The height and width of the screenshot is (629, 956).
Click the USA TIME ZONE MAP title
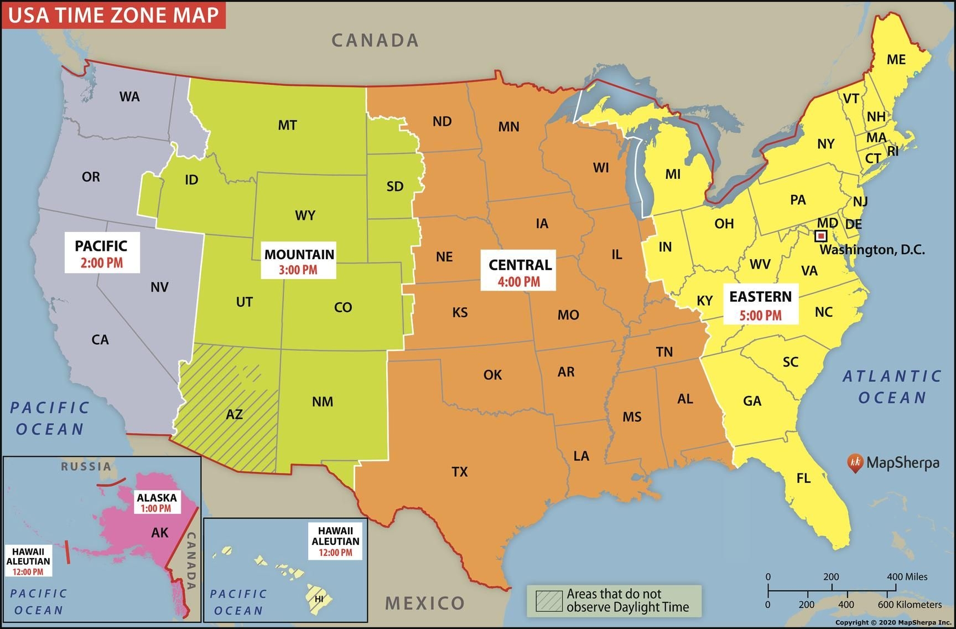coord(113,14)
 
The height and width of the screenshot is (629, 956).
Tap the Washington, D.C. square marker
coord(822,236)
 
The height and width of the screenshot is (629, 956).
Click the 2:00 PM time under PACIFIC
coord(102,263)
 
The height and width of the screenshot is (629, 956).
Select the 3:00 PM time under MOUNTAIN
coord(298,270)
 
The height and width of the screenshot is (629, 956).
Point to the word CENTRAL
coord(520,265)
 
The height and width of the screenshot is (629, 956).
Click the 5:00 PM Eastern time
coord(761,316)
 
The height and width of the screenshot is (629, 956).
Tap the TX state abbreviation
coord(460,472)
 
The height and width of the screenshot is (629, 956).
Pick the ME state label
coord(896,59)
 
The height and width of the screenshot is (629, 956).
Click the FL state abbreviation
coord(803,478)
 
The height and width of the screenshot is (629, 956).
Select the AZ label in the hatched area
coord(234,414)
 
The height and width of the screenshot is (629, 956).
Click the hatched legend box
coord(549,601)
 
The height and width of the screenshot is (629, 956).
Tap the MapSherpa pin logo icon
coord(855,463)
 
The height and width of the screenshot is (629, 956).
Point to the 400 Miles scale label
coord(907,576)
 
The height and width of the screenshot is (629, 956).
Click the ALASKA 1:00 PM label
coord(157,503)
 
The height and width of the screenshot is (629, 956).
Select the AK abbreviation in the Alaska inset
coord(159,533)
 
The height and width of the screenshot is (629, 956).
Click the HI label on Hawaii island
coord(319,599)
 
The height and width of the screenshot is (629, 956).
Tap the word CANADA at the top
coord(375,40)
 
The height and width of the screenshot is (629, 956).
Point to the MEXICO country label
coord(425,603)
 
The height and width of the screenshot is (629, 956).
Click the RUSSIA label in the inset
coord(86,466)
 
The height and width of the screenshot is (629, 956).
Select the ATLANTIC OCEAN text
coord(892,386)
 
